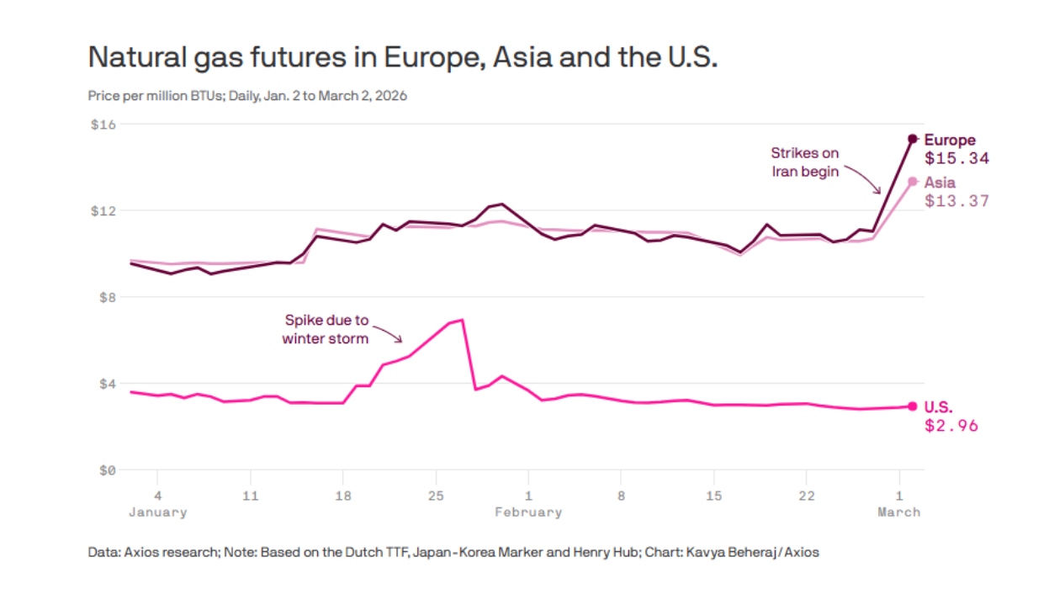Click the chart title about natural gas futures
point(402,57)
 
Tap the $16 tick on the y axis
point(103,125)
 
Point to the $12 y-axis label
point(103,210)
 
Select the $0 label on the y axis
point(107,470)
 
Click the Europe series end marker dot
point(913,139)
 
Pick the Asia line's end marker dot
point(913,182)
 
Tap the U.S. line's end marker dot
point(913,406)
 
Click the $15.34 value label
point(956,158)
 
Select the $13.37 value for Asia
point(956,201)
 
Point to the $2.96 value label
point(951,426)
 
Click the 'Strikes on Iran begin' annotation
point(805,162)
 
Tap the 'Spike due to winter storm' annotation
point(326,330)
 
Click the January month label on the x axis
point(157,512)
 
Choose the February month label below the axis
point(527,512)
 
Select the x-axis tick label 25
point(435,496)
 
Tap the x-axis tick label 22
point(805,496)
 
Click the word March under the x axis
point(898,512)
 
